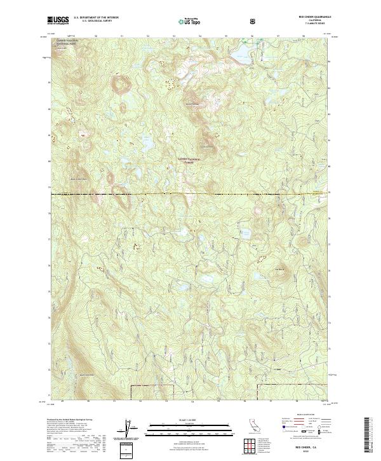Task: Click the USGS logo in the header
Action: [x=58, y=21]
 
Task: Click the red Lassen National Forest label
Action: [x=189, y=160]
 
